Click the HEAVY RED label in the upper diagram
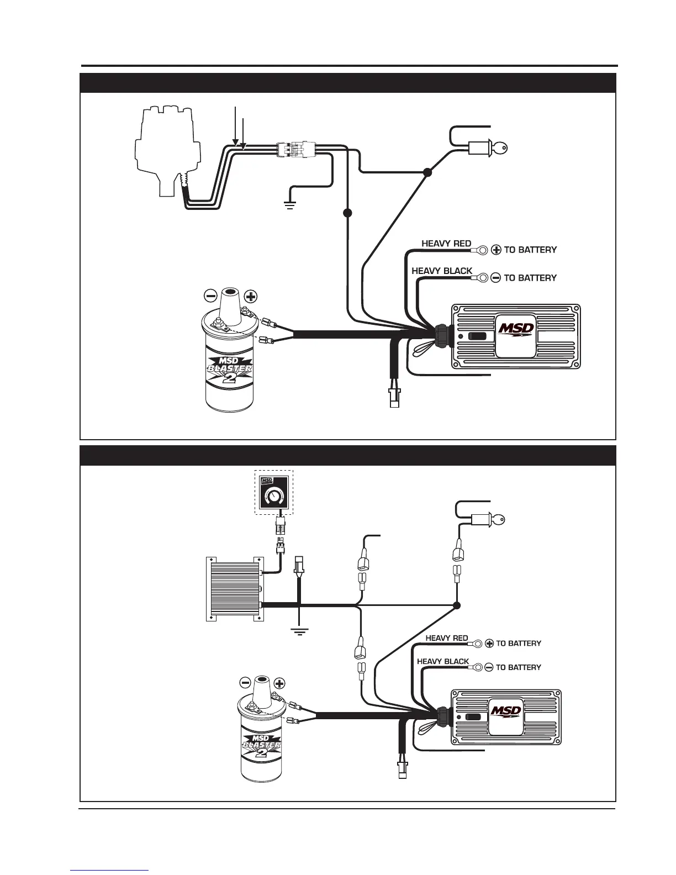pos(446,244)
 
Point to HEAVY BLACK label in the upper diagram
pos(442,271)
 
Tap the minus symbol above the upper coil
pos(211,296)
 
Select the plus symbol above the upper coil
pos(251,296)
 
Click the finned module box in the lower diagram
pos(233,589)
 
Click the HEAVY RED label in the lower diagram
pos(446,639)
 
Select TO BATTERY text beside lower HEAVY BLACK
pos(519,667)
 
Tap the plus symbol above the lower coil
pos(279,683)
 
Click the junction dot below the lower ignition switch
pos(457,605)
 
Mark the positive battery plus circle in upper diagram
pos(496,250)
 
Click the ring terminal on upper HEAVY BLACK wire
pos(482,277)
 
